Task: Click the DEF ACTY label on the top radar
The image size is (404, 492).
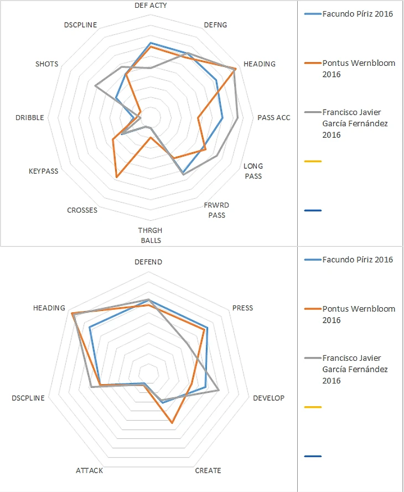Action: [151, 5]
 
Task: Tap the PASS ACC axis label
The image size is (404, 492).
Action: [273, 117]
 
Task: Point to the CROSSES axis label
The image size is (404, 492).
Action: [82, 210]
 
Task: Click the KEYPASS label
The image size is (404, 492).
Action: [43, 171]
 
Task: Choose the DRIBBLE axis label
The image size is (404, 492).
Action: [30, 117]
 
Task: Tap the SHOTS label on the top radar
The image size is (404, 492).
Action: [46, 64]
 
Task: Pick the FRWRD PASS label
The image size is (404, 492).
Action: [217, 210]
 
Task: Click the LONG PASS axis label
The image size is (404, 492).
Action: [253, 171]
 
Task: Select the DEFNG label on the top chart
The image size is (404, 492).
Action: [215, 25]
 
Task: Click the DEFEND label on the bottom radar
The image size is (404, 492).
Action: [148, 262]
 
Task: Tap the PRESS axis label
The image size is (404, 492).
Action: [242, 308]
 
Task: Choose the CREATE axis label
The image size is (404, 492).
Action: [208, 470]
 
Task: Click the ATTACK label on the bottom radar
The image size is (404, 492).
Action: [89, 470]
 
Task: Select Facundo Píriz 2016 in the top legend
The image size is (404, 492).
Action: [357, 14]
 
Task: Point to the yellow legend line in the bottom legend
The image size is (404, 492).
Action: [313, 407]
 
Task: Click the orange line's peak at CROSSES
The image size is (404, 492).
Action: [116, 177]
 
